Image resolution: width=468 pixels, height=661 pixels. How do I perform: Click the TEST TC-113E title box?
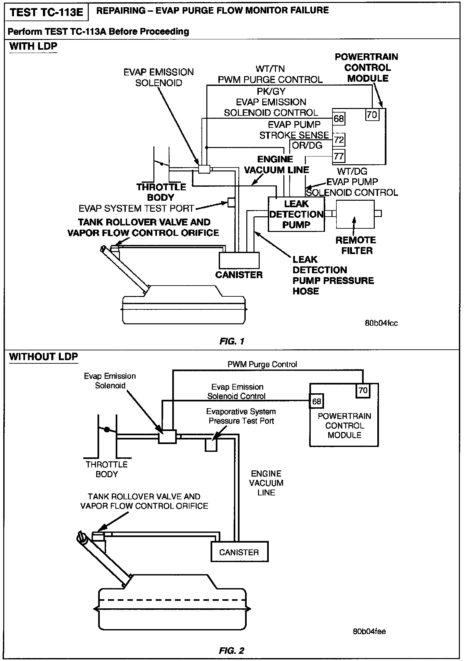point(46,12)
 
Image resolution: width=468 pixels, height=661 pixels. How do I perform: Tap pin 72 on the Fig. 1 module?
point(339,140)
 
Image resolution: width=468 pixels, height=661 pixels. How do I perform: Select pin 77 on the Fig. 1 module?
point(339,156)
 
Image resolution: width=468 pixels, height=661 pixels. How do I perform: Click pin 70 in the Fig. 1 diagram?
point(372,115)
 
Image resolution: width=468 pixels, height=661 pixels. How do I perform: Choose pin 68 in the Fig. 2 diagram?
point(316,401)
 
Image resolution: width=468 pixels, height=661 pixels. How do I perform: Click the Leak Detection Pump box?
point(296,214)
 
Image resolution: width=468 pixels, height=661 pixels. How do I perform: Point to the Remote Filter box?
point(355,214)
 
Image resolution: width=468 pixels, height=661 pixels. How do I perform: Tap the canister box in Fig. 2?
point(240,552)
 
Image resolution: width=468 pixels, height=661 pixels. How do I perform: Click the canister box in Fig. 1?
point(239,260)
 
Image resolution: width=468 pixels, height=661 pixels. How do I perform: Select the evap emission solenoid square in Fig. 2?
point(167,437)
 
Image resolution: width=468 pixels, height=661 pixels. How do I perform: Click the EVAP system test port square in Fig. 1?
point(231,202)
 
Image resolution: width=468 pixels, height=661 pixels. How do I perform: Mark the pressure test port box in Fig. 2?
point(211,445)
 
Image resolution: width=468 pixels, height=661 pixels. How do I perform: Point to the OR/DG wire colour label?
point(307,145)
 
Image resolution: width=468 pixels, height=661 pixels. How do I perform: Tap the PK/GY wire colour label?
point(271,91)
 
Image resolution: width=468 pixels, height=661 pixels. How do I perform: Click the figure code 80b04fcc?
point(381,323)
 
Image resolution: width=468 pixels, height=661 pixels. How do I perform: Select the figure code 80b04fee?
point(369,631)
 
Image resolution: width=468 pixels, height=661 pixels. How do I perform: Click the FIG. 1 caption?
point(232,341)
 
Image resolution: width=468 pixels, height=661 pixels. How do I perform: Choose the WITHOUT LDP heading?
point(44,357)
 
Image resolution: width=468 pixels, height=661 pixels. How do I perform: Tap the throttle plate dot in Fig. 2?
point(106,429)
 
